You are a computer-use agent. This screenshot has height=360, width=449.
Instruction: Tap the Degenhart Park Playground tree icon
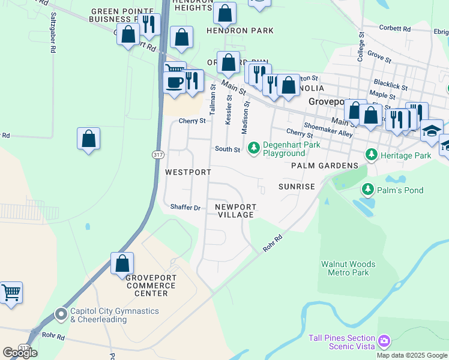tap(253, 146)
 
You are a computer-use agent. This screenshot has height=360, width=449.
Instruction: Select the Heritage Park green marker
tap(372, 155)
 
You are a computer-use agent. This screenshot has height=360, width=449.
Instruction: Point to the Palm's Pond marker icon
tap(367, 190)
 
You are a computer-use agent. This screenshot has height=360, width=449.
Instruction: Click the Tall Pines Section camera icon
tap(384, 341)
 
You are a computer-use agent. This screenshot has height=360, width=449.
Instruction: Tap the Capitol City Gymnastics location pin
tap(61, 314)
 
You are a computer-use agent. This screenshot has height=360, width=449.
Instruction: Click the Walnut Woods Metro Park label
tap(348, 268)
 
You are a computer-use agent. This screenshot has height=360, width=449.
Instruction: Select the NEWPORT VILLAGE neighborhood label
tap(236, 211)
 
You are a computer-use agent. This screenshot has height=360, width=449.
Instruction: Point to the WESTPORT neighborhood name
tap(188, 172)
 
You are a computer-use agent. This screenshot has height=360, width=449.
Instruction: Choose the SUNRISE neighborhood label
tap(297, 187)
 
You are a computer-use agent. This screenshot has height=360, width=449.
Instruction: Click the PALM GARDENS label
tap(325, 166)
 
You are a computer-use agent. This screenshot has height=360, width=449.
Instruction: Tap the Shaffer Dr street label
tap(185, 208)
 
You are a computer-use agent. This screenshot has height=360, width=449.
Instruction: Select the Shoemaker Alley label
tap(328, 130)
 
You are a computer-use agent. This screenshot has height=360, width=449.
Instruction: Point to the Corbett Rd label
tap(395, 28)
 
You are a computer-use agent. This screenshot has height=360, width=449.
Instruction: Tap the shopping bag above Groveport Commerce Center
tap(122, 263)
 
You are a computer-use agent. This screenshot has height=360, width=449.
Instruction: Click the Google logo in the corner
tap(20, 353)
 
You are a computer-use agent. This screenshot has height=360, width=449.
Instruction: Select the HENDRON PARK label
tap(240, 31)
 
